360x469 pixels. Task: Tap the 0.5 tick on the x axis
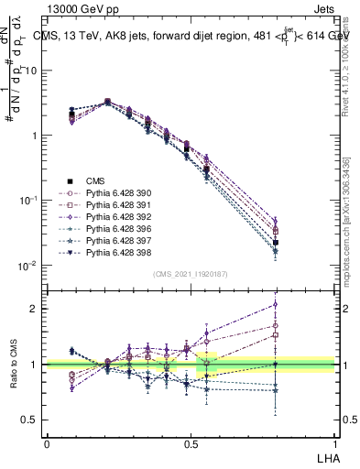tap(191, 442)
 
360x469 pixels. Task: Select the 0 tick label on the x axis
tap(47, 442)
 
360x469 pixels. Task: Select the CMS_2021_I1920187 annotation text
tap(191, 274)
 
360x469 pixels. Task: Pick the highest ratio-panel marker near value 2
tap(301, 305)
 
